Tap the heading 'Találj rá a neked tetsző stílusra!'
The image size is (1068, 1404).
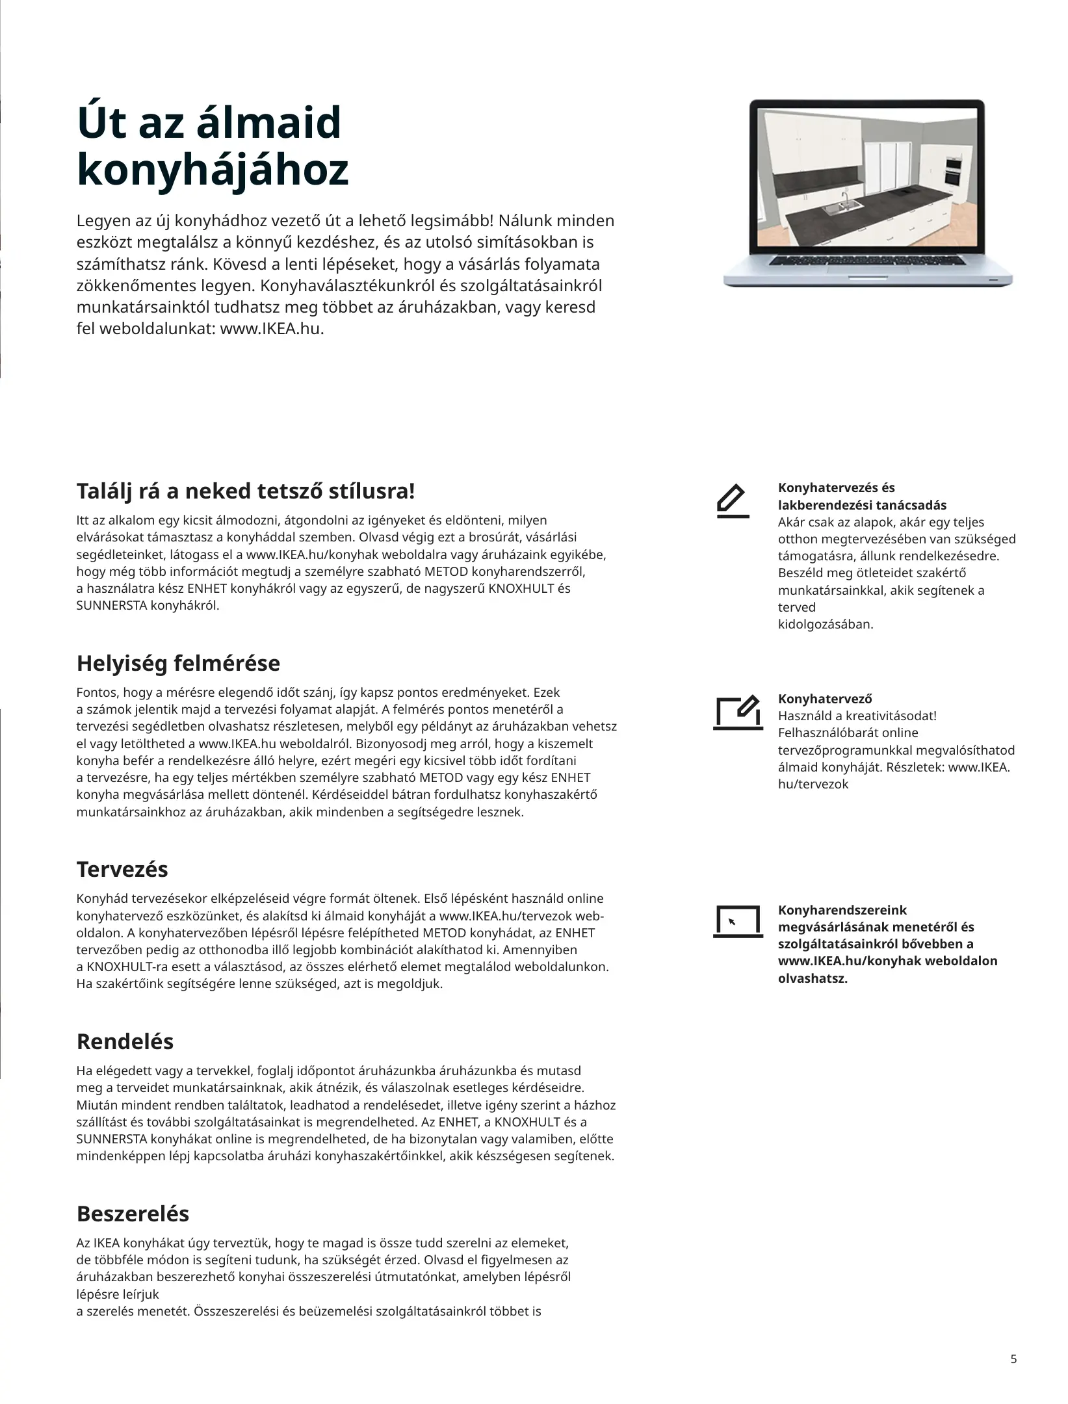[x=245, y=491]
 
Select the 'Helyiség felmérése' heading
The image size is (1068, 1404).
[x=178, y=664]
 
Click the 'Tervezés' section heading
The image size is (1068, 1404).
[x=122, y=869]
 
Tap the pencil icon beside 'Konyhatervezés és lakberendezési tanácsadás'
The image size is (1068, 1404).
[x=733, y=501]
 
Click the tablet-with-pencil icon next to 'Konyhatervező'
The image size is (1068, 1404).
[x=737, y=712]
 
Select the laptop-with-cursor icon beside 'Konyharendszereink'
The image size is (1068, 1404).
[x=737, y=922]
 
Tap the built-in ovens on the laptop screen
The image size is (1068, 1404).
[x=952, y=171]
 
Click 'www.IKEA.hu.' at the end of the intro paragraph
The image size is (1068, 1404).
[x=272, y=329]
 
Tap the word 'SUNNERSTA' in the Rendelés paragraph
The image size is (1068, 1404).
[x=112, y=1139]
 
